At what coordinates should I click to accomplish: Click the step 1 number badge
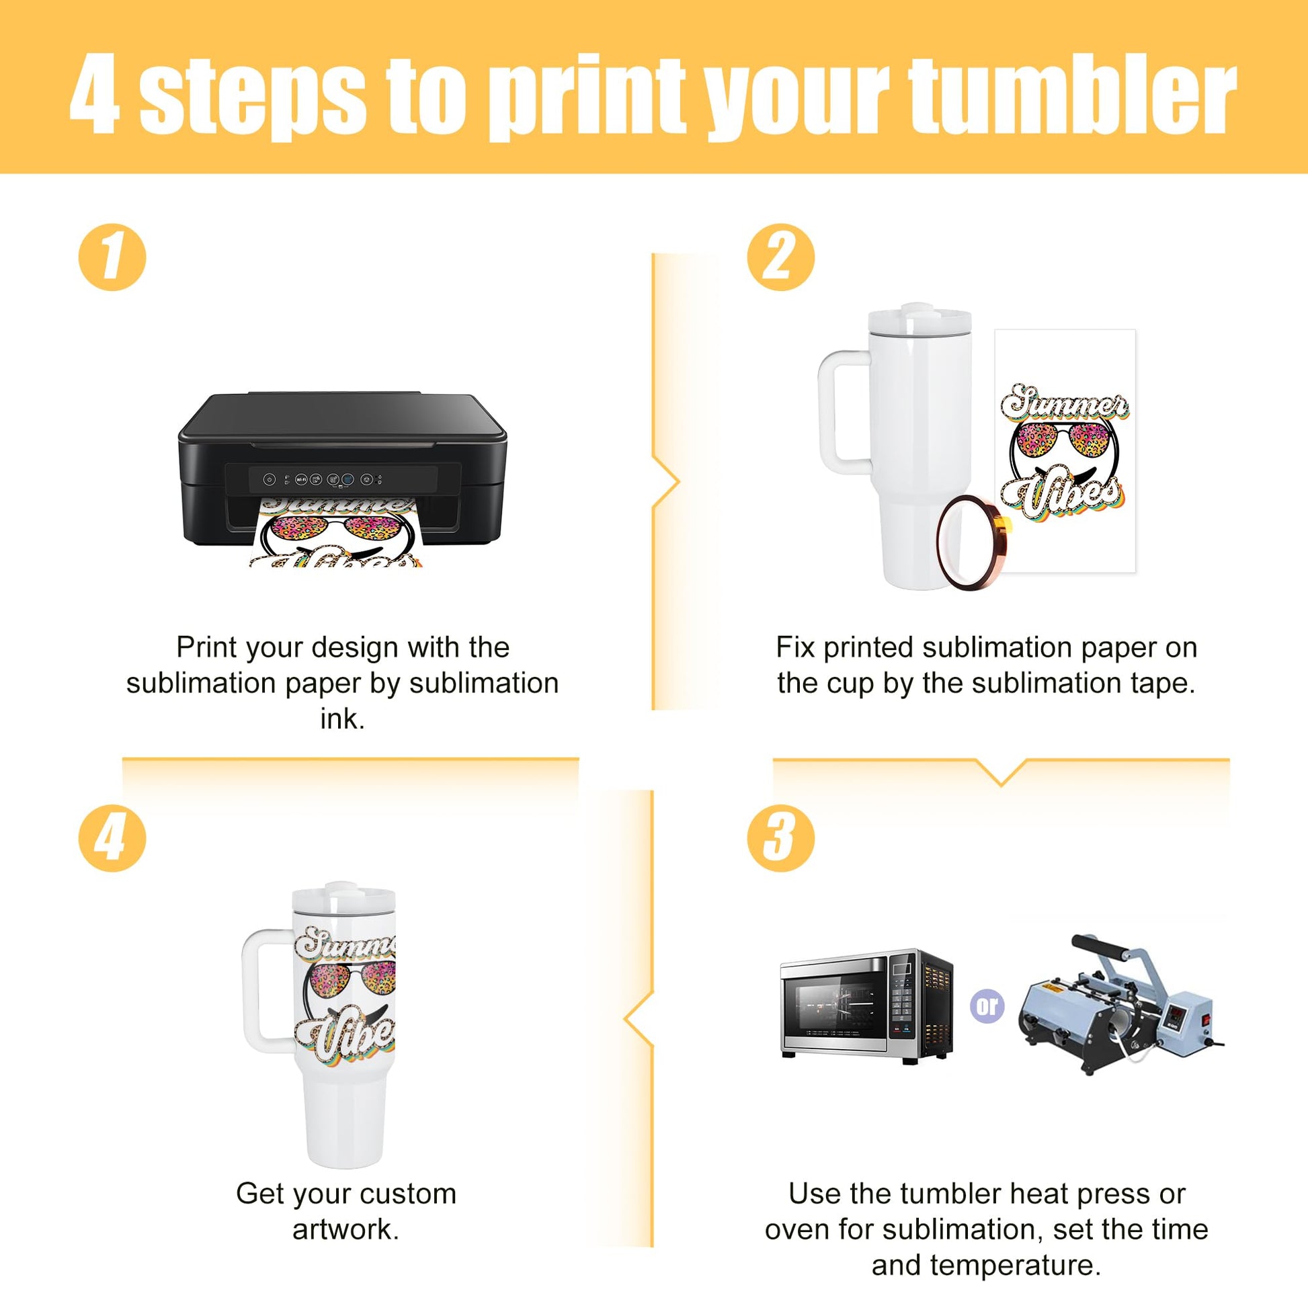[x=112, y=257]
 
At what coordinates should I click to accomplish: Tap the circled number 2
[x=780, y=257]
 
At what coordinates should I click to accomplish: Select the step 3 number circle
[x=780, y=837]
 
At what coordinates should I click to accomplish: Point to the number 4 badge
[x=112, y=837]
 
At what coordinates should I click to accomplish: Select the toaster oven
[x=866, y=1005]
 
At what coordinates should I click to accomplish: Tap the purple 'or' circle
[x=987, y=1006]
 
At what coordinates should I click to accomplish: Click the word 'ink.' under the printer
[x=343, y=719]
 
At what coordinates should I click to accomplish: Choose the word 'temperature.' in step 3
[x=986, y=1266]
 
